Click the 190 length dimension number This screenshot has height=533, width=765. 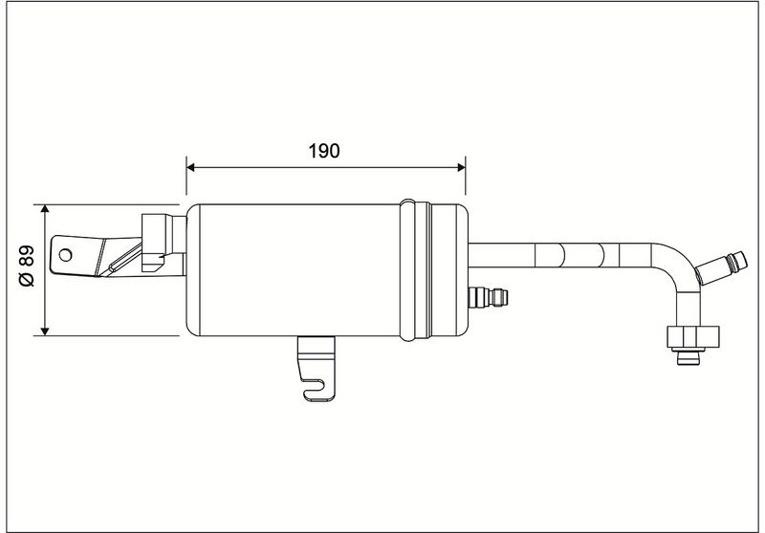click(x=324, y=151)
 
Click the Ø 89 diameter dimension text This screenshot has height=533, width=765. click(x=27, y=266)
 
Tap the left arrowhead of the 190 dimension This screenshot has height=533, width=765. click(x=190, y=167)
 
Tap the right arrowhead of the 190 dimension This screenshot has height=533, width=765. click(x=461, y=167)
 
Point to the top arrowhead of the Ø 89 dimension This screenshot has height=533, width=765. click(x=45, y=209)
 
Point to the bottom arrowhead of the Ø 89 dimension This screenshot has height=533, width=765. click(x=45, y=331)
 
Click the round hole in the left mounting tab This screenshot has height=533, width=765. click(x=65, y=255)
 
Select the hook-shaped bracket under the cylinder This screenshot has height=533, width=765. click(x=317, y=369)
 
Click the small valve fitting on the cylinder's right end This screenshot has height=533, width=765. click(x=488, y=297)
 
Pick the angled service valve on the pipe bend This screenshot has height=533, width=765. click(x=720, y=268)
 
